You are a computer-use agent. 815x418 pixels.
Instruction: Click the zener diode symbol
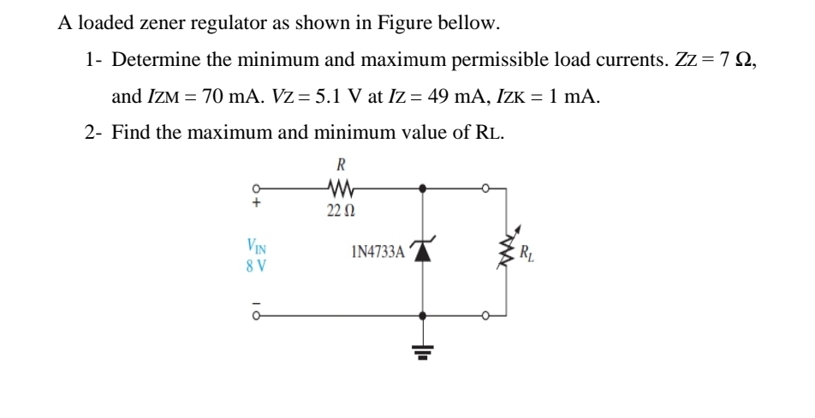[x=421, y=251]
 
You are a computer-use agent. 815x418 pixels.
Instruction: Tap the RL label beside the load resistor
[x=530, y=254]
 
